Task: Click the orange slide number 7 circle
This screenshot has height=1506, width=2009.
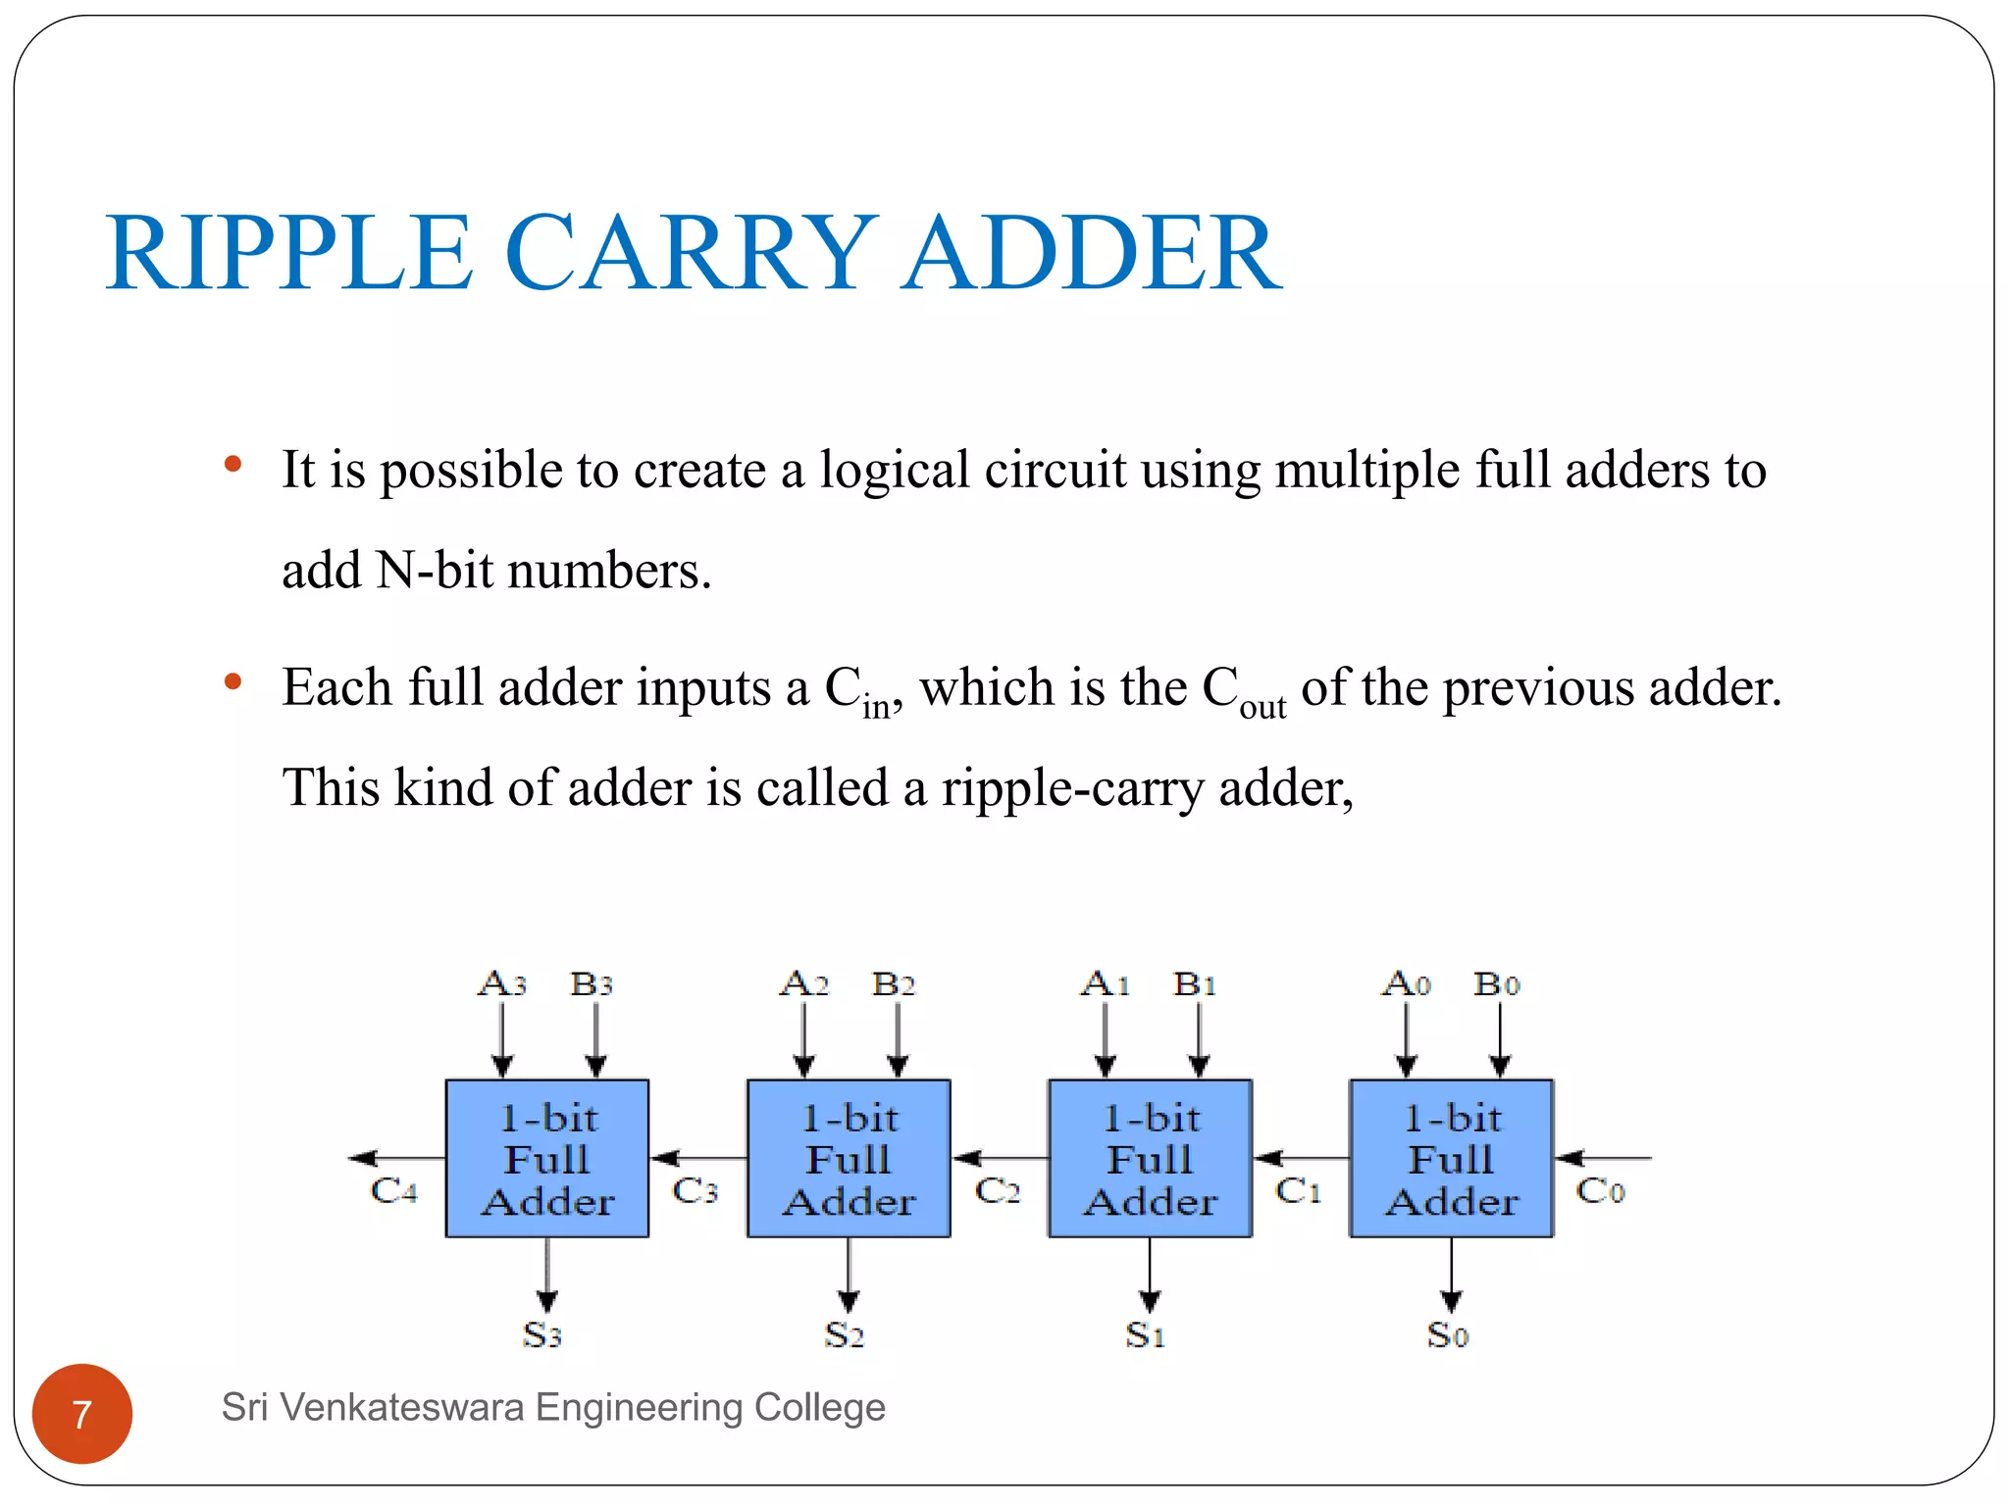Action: click(82, 1414)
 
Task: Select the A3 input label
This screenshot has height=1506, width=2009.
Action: click(502, 983)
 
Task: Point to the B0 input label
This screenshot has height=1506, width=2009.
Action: click(1497, 983)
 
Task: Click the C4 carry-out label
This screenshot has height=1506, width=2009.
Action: click(393, 1190)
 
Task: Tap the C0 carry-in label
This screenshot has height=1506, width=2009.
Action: click(1600, 1190)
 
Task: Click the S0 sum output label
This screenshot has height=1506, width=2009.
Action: click(1448, 1334)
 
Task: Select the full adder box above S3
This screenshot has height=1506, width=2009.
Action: click(547, 1158)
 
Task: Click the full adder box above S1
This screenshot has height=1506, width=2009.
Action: click(1150, 1158)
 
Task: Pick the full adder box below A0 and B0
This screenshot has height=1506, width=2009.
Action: click(1451, 1158)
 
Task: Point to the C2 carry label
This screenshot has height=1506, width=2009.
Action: click(998, 1190)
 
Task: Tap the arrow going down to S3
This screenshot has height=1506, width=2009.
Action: click(547, 1275)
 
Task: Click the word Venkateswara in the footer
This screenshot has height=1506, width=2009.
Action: click(402, 1408)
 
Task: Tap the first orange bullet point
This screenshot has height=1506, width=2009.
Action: click(232, 464)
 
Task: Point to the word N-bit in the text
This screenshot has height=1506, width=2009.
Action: click(435, 571)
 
